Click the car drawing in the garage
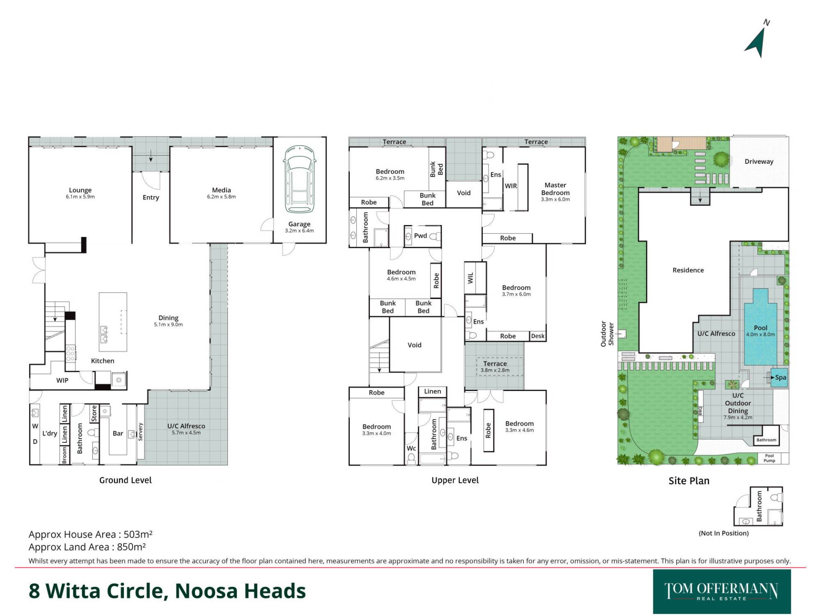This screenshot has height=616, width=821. [x=299, y=179]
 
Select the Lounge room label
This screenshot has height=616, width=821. [x=80, y=190]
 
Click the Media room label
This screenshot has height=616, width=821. [x=221, y=190]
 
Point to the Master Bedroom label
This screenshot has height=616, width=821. [x=555, y=189]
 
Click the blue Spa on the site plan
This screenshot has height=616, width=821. [x=779, y=378]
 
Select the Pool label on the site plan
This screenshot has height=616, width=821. [x=761, y=328]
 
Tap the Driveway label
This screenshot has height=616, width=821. [x=759, y=161]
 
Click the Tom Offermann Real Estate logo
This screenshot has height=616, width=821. [x=722, y=592]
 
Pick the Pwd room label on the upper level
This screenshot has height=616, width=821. [x=420, y=236]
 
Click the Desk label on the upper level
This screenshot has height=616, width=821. [x=538, y=336]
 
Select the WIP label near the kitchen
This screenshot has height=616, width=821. [x=62, y=380]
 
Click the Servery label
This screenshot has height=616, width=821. [x=141, y=432]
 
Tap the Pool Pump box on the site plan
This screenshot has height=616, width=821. [x=769, y=458]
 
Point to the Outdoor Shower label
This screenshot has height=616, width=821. [x=607, y=334]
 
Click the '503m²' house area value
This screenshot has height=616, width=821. [x=138, y=534]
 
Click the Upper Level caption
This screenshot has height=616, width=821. [x=455, y=480]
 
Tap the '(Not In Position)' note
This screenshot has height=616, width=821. [x=724, y=533]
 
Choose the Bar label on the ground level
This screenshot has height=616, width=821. [x=118, y=433]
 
